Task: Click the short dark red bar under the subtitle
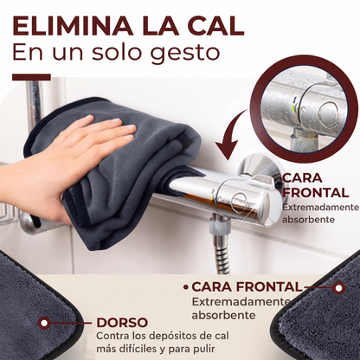tap(31, 77)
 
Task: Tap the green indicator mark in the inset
tap(293, 110)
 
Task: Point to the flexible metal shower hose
tap(222, 254)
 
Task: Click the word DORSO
tap(122, 323)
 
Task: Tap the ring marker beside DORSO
tap(44, 323)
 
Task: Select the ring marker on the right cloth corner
tap(338, 288)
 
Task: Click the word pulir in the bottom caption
tap(204, 349)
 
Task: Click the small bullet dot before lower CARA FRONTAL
tap(186, 287)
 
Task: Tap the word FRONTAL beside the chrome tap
tap(316, 193)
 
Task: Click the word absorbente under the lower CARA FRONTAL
tap(223, 315)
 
